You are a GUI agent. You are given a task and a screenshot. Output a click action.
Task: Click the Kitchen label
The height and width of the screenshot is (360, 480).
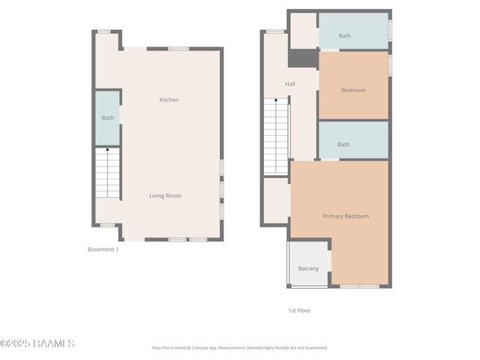pyautogui.click(x=169, y=100)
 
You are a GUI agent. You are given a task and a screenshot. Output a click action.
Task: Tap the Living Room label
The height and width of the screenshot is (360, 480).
pyautogui.click(x=165, y=196)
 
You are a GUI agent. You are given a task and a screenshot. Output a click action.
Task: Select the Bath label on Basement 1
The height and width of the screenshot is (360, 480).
pyautogui.click(x=108, y=118)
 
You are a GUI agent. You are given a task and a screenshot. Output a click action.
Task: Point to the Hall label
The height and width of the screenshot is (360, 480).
pyautogui.click(x=289, y=84)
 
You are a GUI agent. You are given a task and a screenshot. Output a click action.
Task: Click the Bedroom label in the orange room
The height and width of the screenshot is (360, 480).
pyautogui.click(x=353, y=90)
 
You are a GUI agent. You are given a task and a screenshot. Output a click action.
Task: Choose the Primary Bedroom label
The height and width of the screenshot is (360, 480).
pyautogui.click(x=346, y=216)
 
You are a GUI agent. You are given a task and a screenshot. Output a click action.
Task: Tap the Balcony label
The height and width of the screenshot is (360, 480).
pyautogui.click(x=308, y=268)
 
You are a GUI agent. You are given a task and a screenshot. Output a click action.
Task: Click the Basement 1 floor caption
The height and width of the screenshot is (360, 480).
pyautogui.click(x=103, y=249)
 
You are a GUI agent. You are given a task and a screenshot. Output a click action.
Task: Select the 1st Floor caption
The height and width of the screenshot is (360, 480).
pyautogui.click(x=299, y=310)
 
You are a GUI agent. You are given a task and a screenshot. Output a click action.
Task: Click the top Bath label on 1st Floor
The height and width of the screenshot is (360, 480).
pyautogui.click(x=344, y=36)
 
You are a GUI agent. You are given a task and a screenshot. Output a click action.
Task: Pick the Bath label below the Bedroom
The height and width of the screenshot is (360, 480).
pyautogui.click(x=343, y=145)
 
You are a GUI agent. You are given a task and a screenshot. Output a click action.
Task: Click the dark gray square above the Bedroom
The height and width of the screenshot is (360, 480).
pyautogui.click(x=304, y=58)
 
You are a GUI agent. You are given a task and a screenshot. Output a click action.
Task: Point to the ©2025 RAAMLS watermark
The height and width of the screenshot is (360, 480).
pyautogui.click(x=37, y=343)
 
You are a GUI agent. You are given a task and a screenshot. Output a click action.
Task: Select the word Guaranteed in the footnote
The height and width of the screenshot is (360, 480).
pyautogui.click(x=313, y=348)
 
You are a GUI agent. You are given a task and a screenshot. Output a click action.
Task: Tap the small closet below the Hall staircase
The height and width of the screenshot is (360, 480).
pyautogui.click(x=275, y=198)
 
